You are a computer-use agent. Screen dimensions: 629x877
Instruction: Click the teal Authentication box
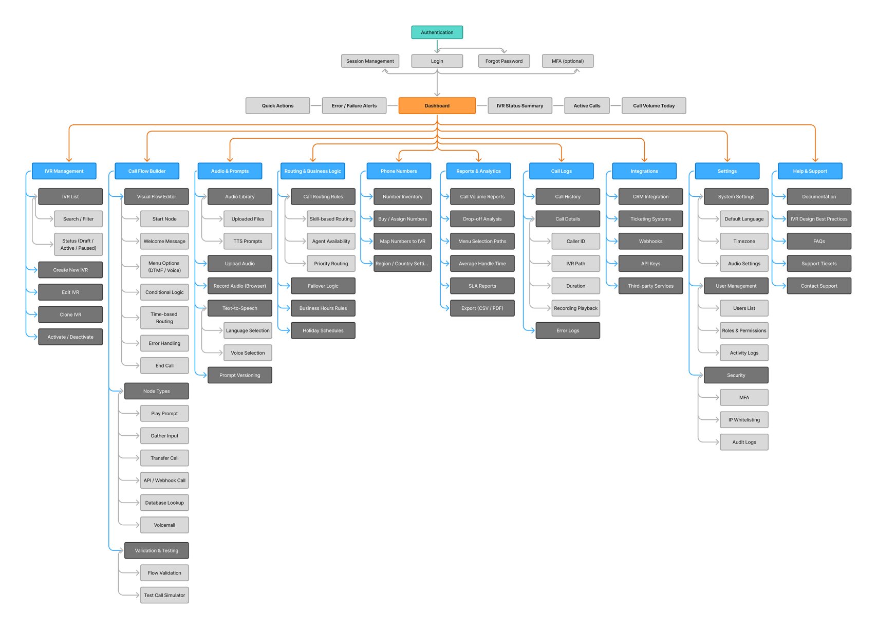click(x=437, y=32)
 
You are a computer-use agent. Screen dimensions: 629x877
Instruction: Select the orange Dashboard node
click(x=437, y=106)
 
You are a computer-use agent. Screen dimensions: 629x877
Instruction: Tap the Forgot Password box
click(x=503, y=61)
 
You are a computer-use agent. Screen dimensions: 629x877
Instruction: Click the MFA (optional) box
click(x=567, y=61)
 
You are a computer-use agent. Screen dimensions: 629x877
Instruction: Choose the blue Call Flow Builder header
click(x=147, y=171)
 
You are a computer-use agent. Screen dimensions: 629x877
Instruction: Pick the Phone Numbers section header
click(x=399, y=171)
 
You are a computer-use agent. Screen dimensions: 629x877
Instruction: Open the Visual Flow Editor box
click(x=156, y=197)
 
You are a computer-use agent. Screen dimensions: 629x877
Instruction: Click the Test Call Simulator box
click(x=164, y=595)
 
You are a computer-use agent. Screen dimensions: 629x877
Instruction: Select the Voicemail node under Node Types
click(x=164, y=525)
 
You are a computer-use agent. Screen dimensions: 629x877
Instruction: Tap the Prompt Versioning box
click(x=239, y=375)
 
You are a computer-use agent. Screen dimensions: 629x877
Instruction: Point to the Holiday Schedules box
click(x=323, y=330)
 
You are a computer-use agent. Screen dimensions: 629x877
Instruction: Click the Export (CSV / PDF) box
click(x=482, y=308)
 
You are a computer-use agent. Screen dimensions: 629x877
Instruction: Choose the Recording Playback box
click(x=575, y=308)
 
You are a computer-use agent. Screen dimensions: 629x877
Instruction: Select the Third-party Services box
click(x=650, y=286)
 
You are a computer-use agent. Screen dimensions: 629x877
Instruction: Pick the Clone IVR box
click(x=70, y=314)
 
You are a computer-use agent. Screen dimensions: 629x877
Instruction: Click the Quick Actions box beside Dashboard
click(x=277, y=106)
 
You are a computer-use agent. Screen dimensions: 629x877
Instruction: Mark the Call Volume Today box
click(x=654, y=106)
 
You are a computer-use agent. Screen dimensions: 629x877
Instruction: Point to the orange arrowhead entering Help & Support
click(x=815, y=160)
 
